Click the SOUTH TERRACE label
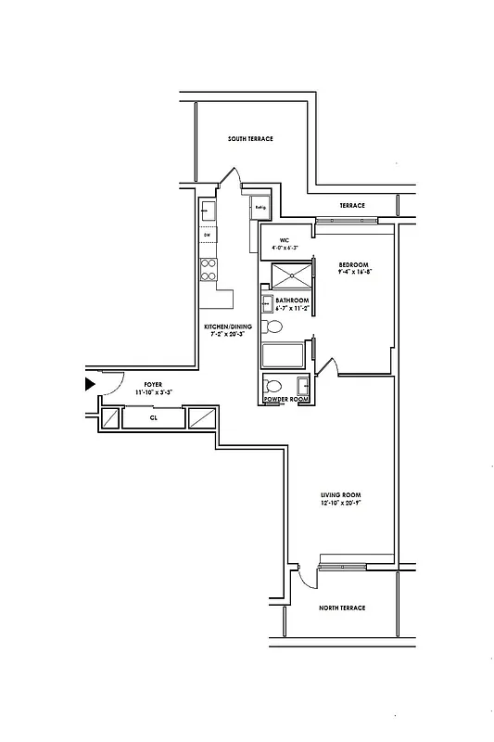[250, 139]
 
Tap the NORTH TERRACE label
[342, 608]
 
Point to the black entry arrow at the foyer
[90, 382]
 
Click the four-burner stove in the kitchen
[209, 269]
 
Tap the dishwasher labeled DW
[207, 235]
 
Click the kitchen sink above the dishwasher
[208, 212]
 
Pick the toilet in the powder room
[274, 385]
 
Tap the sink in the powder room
[303, 385]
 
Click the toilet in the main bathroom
[274, 327]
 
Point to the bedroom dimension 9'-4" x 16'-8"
[354, 272]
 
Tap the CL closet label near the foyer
[154, 418]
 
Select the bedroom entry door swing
[327, 368]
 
